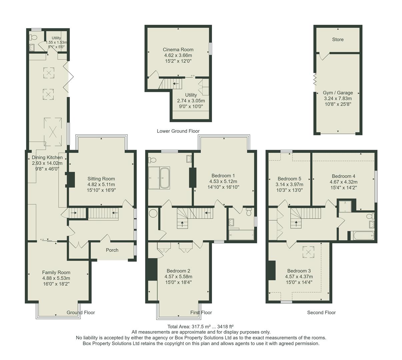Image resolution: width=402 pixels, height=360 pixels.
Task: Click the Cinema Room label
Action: [178, 50]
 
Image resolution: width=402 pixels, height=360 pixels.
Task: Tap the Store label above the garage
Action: [338, 39]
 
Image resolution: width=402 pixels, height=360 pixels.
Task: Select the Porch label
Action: [112, 250]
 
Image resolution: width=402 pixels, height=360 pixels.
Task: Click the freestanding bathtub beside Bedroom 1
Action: [165, 178]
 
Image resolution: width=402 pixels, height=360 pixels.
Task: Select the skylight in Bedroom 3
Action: [308, 252]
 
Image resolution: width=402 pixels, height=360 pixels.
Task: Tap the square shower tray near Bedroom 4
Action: [345, 207]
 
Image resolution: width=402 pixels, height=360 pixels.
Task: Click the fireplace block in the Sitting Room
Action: [71, 179]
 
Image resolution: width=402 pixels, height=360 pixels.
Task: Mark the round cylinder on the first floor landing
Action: [154, 213]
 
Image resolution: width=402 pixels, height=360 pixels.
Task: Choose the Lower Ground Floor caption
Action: [178, 131]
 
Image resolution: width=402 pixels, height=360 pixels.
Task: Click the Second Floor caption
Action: [321, 312]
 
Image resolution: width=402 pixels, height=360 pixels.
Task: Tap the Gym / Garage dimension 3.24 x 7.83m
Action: [338, 98]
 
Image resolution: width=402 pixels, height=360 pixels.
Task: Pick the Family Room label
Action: [56, 272]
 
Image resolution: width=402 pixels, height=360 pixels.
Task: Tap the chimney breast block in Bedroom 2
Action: [152, 269]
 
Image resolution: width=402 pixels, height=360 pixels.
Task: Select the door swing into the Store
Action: [324, 56]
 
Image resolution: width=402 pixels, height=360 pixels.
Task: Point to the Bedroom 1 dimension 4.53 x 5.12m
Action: [223, 181]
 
